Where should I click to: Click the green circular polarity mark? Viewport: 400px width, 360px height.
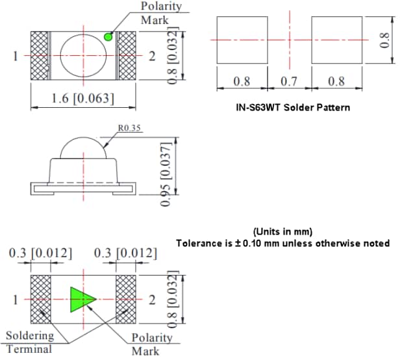click(x=108, y=37)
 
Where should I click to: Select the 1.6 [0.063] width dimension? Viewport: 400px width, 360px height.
click(x=82, y=99)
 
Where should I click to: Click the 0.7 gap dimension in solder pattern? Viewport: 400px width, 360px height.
click(x=290, y=83)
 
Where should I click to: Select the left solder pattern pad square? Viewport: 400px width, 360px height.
click(x=242, y=40)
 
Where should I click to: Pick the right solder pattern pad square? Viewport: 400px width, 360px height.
click(x=337, y=40)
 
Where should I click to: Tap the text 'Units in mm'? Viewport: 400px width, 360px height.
click(x=282, y=231)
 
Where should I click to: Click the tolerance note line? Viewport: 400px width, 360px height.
click(x=282, y=243)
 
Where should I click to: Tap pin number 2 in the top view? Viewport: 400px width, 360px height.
click(x=152, y=57)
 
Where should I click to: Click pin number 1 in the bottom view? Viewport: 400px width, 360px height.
click(x=14, y=300)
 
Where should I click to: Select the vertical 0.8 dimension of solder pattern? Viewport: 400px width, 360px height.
click(x=384, y=40)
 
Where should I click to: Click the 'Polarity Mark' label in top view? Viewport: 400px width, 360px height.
click(x=161, y=13)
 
